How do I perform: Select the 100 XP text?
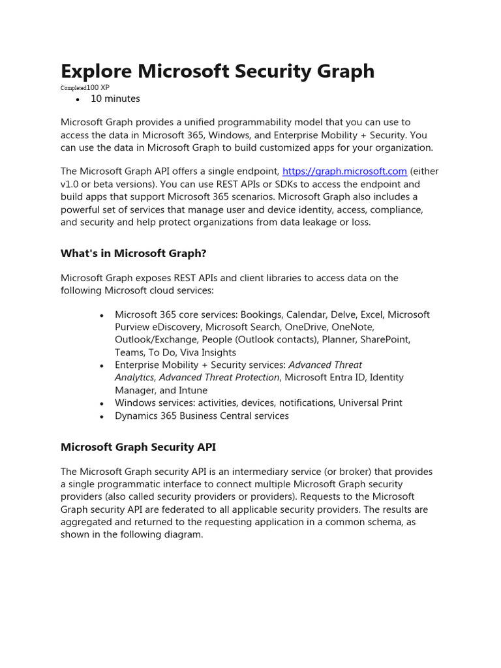(x=98, y=87)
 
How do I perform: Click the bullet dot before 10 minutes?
(x=78, y=100)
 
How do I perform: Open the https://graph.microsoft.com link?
(x=344, y=172)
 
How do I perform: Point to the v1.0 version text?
(x=70, y=184)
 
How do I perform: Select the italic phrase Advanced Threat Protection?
(x=220, y=377)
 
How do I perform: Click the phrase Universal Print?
(x=371, y=402)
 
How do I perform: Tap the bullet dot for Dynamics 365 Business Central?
(x=102, y=416)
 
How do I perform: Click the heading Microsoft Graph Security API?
(x=138, y=447)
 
